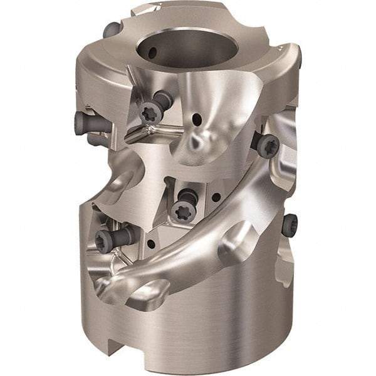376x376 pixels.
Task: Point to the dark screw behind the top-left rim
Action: tap(111, 29)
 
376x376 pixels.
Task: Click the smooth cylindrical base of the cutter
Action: tap(207, 326)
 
